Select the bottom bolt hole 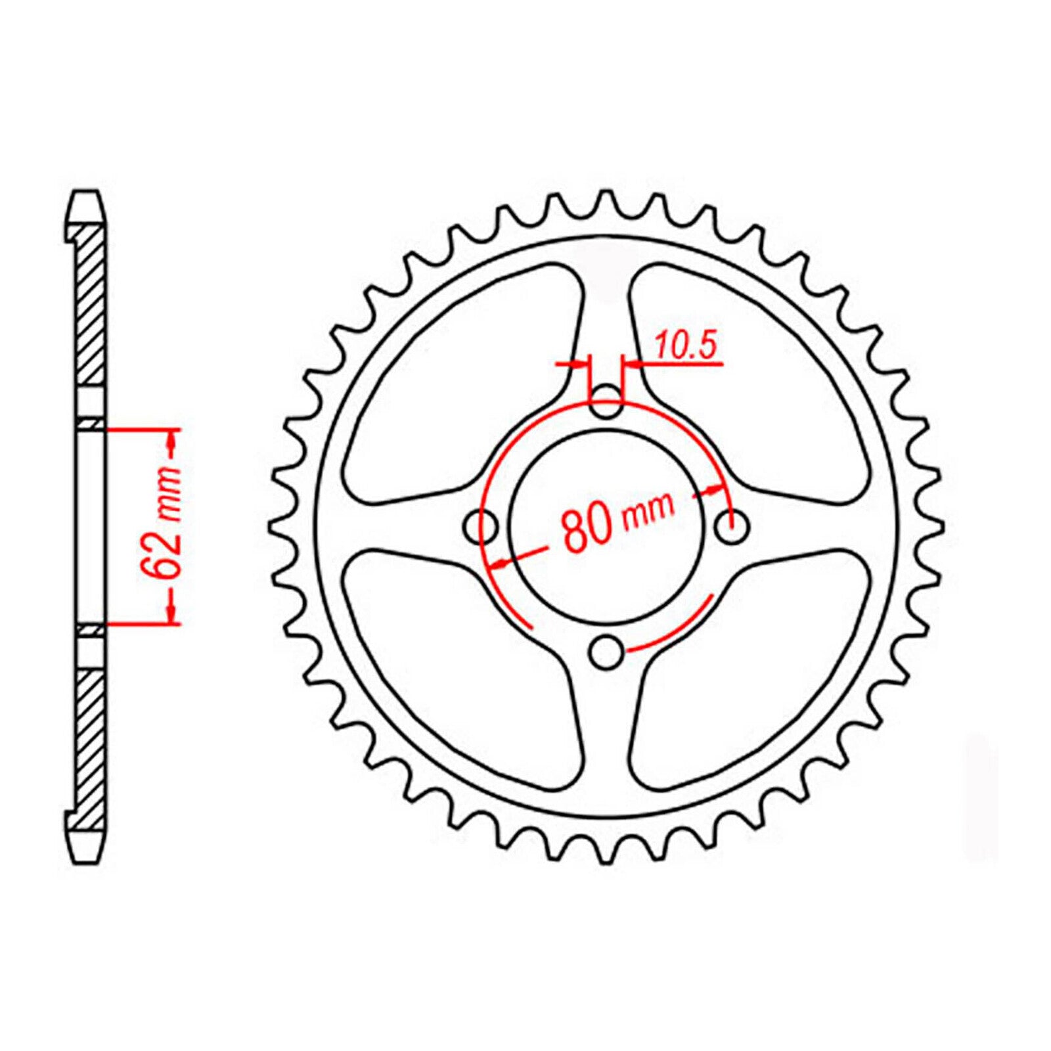click(x=606, y=651)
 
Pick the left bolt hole click(x=480, y=525)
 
